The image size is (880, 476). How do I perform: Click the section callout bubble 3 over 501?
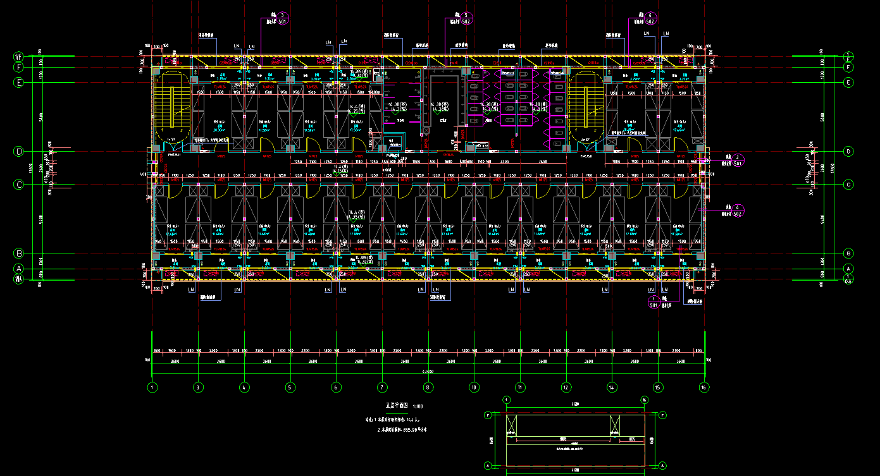283,18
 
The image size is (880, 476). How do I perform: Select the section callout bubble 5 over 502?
466,18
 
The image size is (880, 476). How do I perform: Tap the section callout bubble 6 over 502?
652,18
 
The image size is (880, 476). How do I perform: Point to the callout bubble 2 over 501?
737,159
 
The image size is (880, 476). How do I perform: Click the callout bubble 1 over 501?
655,301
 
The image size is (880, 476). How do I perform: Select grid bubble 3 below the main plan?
198,387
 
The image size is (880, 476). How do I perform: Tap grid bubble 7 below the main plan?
382,387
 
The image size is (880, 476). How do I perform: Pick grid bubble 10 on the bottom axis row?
474,387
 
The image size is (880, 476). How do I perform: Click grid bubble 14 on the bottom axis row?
612,387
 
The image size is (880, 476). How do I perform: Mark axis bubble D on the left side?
19,151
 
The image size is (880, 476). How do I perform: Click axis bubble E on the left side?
19,82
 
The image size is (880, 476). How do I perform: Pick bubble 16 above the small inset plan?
644,400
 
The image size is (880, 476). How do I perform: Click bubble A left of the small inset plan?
488,465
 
